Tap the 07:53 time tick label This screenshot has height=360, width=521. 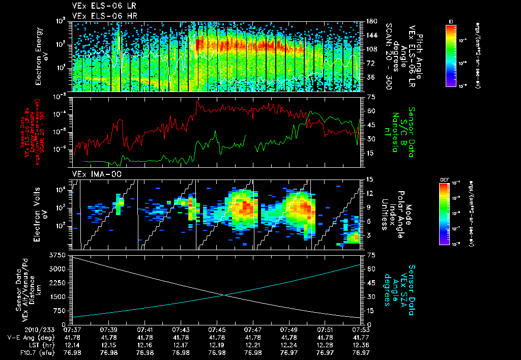pyautogui.click(x=361, y=330)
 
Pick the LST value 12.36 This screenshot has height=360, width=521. pyautogui.click(x=361, y=345)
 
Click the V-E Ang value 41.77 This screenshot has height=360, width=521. pyautogui.click(x=361, y=337)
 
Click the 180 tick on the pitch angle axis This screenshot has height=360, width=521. pyautogui.click(x=371, y=21)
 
